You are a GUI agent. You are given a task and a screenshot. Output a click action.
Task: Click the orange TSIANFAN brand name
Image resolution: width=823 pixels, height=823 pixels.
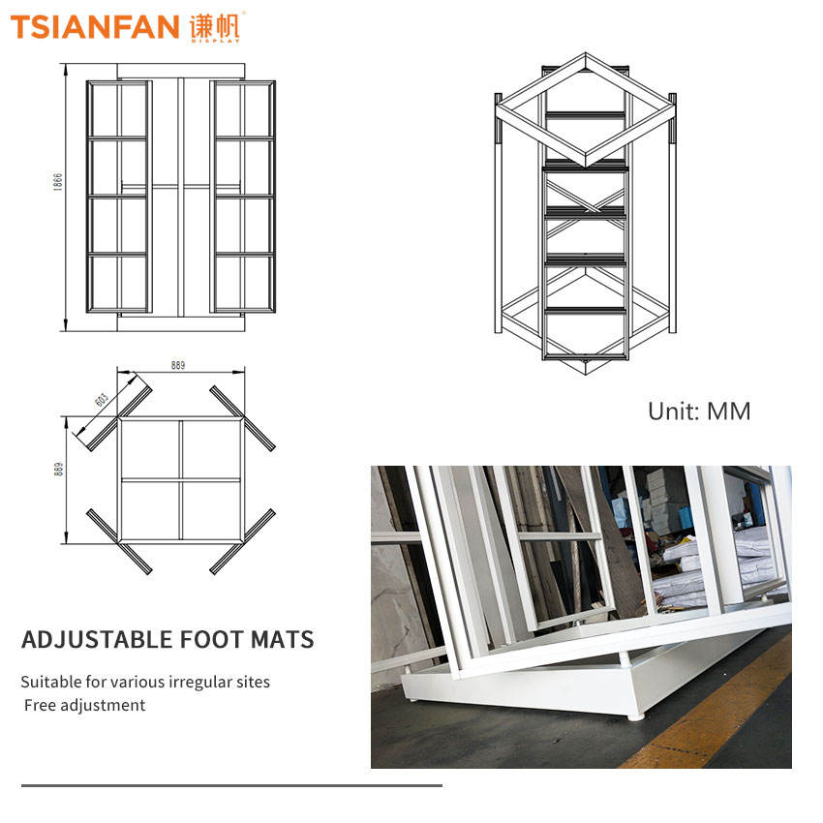pos(95,27)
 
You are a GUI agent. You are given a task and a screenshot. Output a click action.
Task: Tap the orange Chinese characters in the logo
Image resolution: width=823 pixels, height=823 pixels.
pos(215,26)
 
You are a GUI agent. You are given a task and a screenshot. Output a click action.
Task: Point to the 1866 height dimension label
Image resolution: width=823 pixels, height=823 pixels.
pos(58,182)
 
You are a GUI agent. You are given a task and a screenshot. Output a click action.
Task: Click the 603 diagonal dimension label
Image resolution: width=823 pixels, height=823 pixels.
pos(102,400)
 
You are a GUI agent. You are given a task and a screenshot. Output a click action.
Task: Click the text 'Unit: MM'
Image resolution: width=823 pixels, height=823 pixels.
pos(699,411)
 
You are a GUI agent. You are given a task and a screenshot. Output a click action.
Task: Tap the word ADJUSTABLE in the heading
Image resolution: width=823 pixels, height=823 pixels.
pos(97,639)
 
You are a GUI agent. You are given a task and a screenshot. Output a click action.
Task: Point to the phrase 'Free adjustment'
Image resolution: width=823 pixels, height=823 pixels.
pos(84,705)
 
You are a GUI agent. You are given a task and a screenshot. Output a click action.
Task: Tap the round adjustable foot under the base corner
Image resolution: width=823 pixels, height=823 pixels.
pos(635,716)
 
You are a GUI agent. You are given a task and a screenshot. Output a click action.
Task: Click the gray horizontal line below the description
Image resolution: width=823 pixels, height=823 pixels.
pos(231,786)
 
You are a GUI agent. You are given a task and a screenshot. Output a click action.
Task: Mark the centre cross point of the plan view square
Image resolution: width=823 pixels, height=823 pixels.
pos(180,479)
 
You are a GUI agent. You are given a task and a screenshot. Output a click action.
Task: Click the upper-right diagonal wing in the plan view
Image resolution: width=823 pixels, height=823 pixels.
pos(242,418)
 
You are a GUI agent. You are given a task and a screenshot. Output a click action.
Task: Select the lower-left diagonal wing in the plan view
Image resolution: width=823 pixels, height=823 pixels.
pos(119,541)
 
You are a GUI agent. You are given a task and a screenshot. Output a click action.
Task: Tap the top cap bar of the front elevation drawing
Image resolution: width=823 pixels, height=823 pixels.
pos(180,71)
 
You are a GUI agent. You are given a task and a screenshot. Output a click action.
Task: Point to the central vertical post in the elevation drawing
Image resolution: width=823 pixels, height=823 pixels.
pos(180,198)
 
